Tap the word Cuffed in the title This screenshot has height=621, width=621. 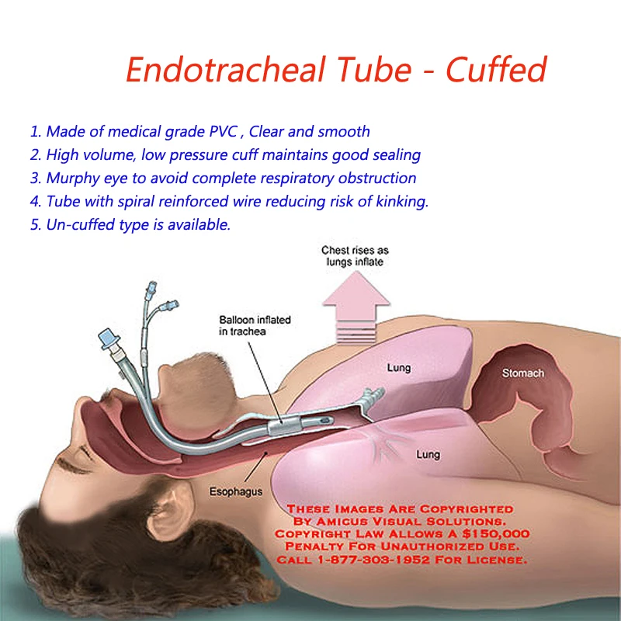[x=496, y=70]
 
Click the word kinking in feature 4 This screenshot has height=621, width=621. [x=401, y=201]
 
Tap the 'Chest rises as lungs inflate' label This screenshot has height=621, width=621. [x=356, y=256]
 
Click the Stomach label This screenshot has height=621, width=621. [x=522, y=373]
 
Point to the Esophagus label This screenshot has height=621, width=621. [x=235, y=491]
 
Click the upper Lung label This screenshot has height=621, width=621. [x=399, y=368]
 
